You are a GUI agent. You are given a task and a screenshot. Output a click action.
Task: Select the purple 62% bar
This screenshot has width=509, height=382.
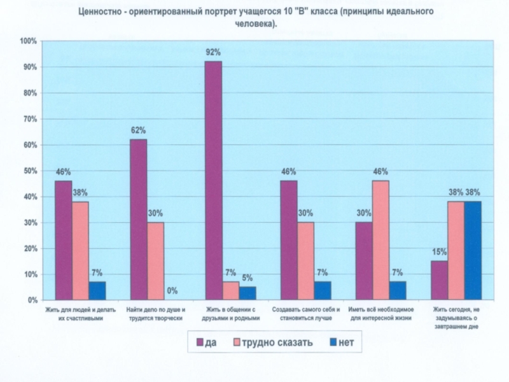click(x=138, y=220)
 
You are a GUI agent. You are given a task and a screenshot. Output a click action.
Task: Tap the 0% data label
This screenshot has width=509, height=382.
click(x=172, y=291)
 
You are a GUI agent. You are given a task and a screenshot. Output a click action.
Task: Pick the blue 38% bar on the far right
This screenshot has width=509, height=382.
click(x=472, y=250)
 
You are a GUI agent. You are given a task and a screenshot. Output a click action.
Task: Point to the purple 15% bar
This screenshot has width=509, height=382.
click(x=438, y=280)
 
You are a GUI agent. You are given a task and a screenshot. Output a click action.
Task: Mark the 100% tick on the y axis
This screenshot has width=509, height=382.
click(x=29, y=41)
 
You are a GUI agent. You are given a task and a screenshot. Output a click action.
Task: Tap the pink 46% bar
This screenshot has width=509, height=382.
click(x=380, y=240)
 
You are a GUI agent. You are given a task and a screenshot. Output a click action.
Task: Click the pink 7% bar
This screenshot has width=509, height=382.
click(x=230, y=290)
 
